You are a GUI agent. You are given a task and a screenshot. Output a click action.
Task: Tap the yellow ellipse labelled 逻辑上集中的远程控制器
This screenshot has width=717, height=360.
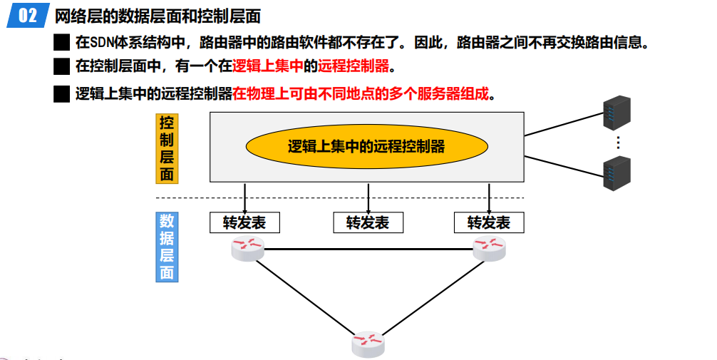pyautogui.click(x=366, y=146)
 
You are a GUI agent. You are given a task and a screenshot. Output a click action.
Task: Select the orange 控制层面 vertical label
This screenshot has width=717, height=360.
pyautogui.click(x=166, y=148)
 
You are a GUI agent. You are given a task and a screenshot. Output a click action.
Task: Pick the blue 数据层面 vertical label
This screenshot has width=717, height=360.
pyautogui.click(x=166, y=246)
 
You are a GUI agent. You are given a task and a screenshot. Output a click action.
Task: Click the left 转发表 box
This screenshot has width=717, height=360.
pyautogui.click(x=244, y=222)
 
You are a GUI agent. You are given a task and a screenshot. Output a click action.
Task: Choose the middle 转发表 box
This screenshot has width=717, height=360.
pyautogui.click(x=368, y=222)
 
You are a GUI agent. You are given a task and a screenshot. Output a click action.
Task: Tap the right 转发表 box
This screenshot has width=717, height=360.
pyautogui.click(x=489, y=222)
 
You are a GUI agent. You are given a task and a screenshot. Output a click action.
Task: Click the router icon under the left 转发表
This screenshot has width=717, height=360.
pyautogui.click(x=247, y=248)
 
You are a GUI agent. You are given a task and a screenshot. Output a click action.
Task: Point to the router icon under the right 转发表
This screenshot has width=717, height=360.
pyautogui.click(x=490, y=248)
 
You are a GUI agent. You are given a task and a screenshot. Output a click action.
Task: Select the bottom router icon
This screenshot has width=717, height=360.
pyautogui.click(x=368, y=343)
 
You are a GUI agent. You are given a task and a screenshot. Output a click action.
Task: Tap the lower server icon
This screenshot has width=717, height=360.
pyautogui.click(x=617, y=173)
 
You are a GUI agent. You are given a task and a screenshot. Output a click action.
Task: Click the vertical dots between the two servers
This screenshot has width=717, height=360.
pyautogui.click(x=618, y=143)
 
